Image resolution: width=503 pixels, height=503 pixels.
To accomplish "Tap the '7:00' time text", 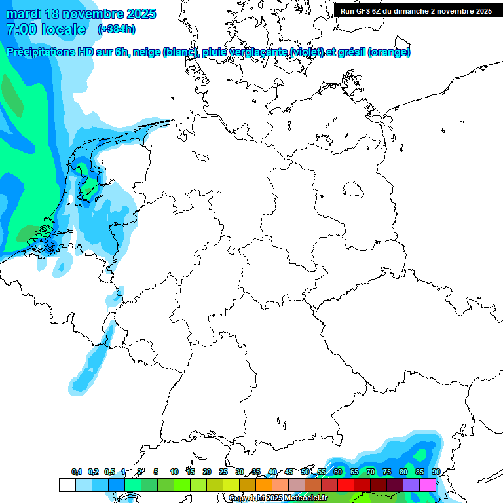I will pos(20,29).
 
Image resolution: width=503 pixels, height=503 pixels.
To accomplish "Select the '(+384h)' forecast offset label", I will pos(117,29).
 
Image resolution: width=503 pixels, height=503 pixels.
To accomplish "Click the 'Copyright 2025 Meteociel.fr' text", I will pos(278,498).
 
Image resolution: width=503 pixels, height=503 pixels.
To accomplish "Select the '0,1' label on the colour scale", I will pos(77,472).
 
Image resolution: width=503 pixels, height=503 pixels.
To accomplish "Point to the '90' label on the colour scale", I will pos(436,472).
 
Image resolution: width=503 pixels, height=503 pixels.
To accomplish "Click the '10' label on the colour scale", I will pos(174,472).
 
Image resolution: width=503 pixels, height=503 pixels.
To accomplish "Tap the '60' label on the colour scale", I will pos(338,472).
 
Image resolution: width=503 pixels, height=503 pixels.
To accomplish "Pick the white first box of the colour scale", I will pos(67,485).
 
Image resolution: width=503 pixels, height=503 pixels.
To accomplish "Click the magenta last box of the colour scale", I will pos(428,485).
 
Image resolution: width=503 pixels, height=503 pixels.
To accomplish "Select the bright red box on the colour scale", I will pos(346,485).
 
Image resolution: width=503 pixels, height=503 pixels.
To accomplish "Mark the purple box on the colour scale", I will pos(411,485).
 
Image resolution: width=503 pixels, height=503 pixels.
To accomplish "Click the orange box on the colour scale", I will pos(264,485).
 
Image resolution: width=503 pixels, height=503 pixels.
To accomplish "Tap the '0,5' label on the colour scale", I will pos(109,472).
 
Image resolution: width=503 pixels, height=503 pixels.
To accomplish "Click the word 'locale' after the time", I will pos(64,29).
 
